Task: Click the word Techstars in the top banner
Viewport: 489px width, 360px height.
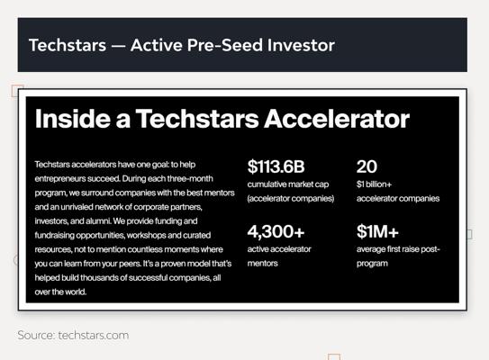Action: coord(68,45)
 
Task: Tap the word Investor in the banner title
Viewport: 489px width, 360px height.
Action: coord(301,45)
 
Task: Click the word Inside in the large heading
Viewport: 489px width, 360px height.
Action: coord(73,119)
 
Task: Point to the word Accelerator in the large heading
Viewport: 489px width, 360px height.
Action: coord(337,119)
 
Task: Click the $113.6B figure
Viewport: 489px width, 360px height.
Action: coord(276,166)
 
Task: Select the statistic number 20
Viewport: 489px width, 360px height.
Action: coord(367,166)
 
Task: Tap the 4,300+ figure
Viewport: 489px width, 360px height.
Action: coord(276,231)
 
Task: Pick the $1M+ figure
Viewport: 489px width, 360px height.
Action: coord(377,231)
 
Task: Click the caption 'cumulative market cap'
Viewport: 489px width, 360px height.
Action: coord(288,184)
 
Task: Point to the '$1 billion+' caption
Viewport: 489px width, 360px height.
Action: coord(374,184)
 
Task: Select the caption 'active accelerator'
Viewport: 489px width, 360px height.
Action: coord(279,249)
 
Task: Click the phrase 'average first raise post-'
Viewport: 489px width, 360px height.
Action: coord(398,249)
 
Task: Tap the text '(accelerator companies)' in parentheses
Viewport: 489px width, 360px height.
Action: coord(291,199)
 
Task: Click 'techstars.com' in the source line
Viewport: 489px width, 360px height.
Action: coord(94,336)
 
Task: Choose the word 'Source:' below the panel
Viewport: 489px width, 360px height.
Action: coord(37,336)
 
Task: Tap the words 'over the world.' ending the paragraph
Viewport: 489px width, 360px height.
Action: coord(60,292)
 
